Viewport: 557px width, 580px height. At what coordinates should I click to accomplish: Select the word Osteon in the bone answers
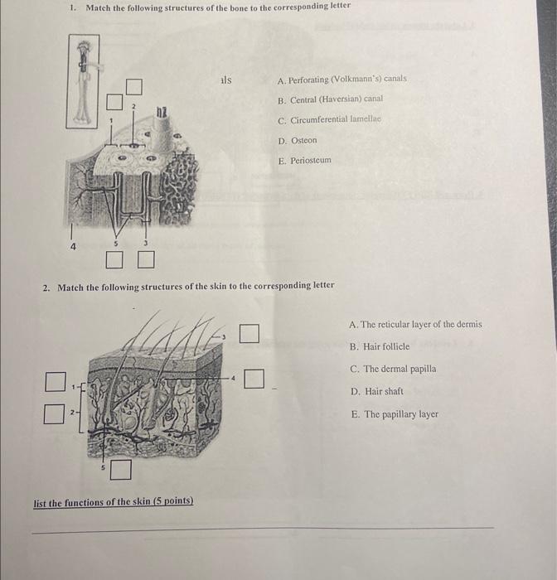[x=303, y=141]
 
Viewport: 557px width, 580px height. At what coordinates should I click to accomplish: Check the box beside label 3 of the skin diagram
[x=249, y=333]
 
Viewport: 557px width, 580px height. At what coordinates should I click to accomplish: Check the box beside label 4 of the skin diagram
[x=255, y=379]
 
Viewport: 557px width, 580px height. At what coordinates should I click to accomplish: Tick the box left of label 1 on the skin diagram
[x=55, y=382]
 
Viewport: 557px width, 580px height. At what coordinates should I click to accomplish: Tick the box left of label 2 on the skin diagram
[x=55, y=413]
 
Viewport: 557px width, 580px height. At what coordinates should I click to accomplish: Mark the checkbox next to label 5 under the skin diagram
[x=121, y=470]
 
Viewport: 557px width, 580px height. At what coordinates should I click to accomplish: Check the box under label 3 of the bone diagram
[x=146, y=261]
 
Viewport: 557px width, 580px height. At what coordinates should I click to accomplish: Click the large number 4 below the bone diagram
[x=73, y=246]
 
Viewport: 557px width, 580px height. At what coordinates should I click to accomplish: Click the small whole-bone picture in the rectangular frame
[x=83, y=81]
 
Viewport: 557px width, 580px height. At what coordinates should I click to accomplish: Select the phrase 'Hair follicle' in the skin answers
[x=385, y=347]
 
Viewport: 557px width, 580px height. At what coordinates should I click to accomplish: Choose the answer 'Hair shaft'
[x=384, y=391]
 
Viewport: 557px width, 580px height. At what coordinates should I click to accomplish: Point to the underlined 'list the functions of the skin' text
[x=113, y=503]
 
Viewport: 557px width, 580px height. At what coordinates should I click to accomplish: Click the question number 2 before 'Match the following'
[x=46, y=286]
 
